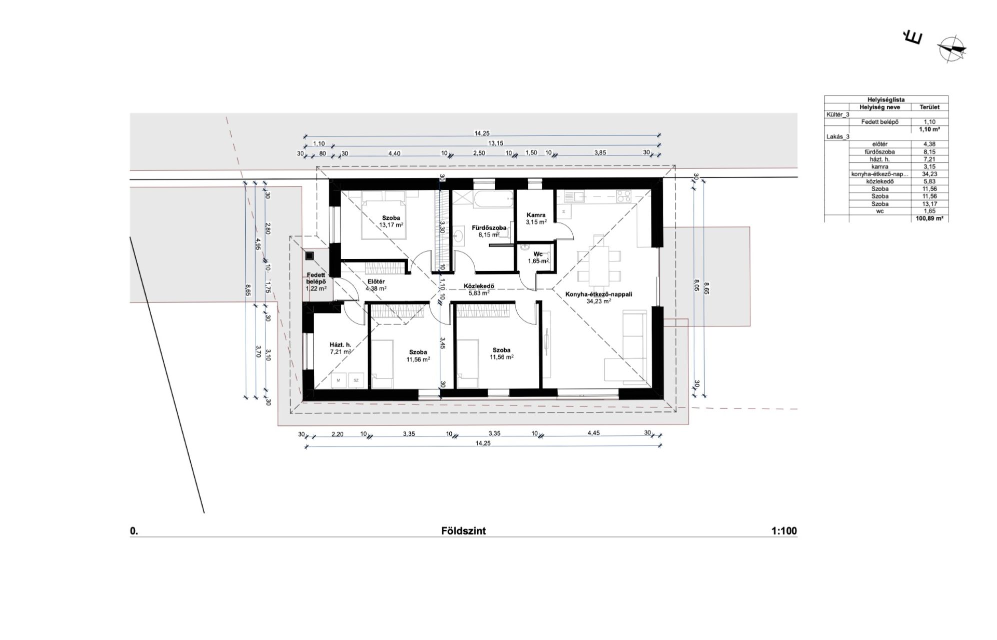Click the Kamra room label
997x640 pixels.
[536, 215]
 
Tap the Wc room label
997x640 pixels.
[538, 254]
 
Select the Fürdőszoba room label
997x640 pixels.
[489, 228]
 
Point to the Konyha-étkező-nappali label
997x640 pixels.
[599, 294]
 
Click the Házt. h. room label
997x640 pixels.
[340, 344]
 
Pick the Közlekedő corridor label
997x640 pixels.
[479, 286]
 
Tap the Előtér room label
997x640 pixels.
[376, 281]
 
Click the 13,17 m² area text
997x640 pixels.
[391, 225]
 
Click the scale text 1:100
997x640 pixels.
[784, 531]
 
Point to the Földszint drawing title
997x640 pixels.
[463, 531]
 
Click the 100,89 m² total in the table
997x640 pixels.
[929, 219]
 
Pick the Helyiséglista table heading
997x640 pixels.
[886, 99]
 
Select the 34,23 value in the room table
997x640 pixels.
[929, 174]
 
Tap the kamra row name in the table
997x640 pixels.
[879, 166]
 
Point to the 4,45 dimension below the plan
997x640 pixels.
[593, 433]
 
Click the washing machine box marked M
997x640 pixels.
[339, 380]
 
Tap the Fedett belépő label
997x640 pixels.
[316, 278]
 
